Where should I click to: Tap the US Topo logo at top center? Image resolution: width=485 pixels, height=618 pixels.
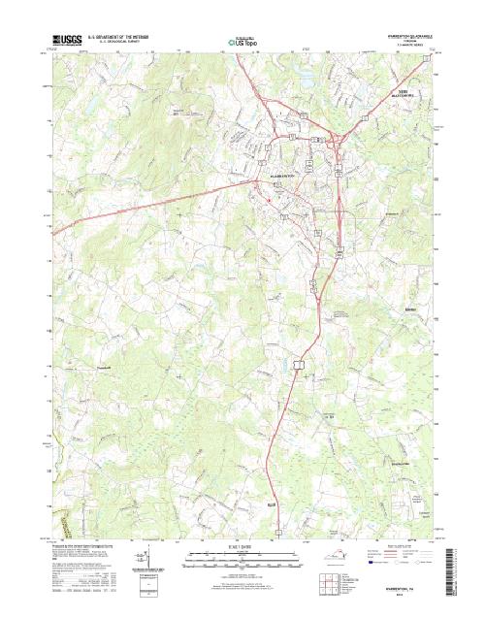[x=242, y=42]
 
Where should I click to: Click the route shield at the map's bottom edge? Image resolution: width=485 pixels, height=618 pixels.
[x=277, y=532]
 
